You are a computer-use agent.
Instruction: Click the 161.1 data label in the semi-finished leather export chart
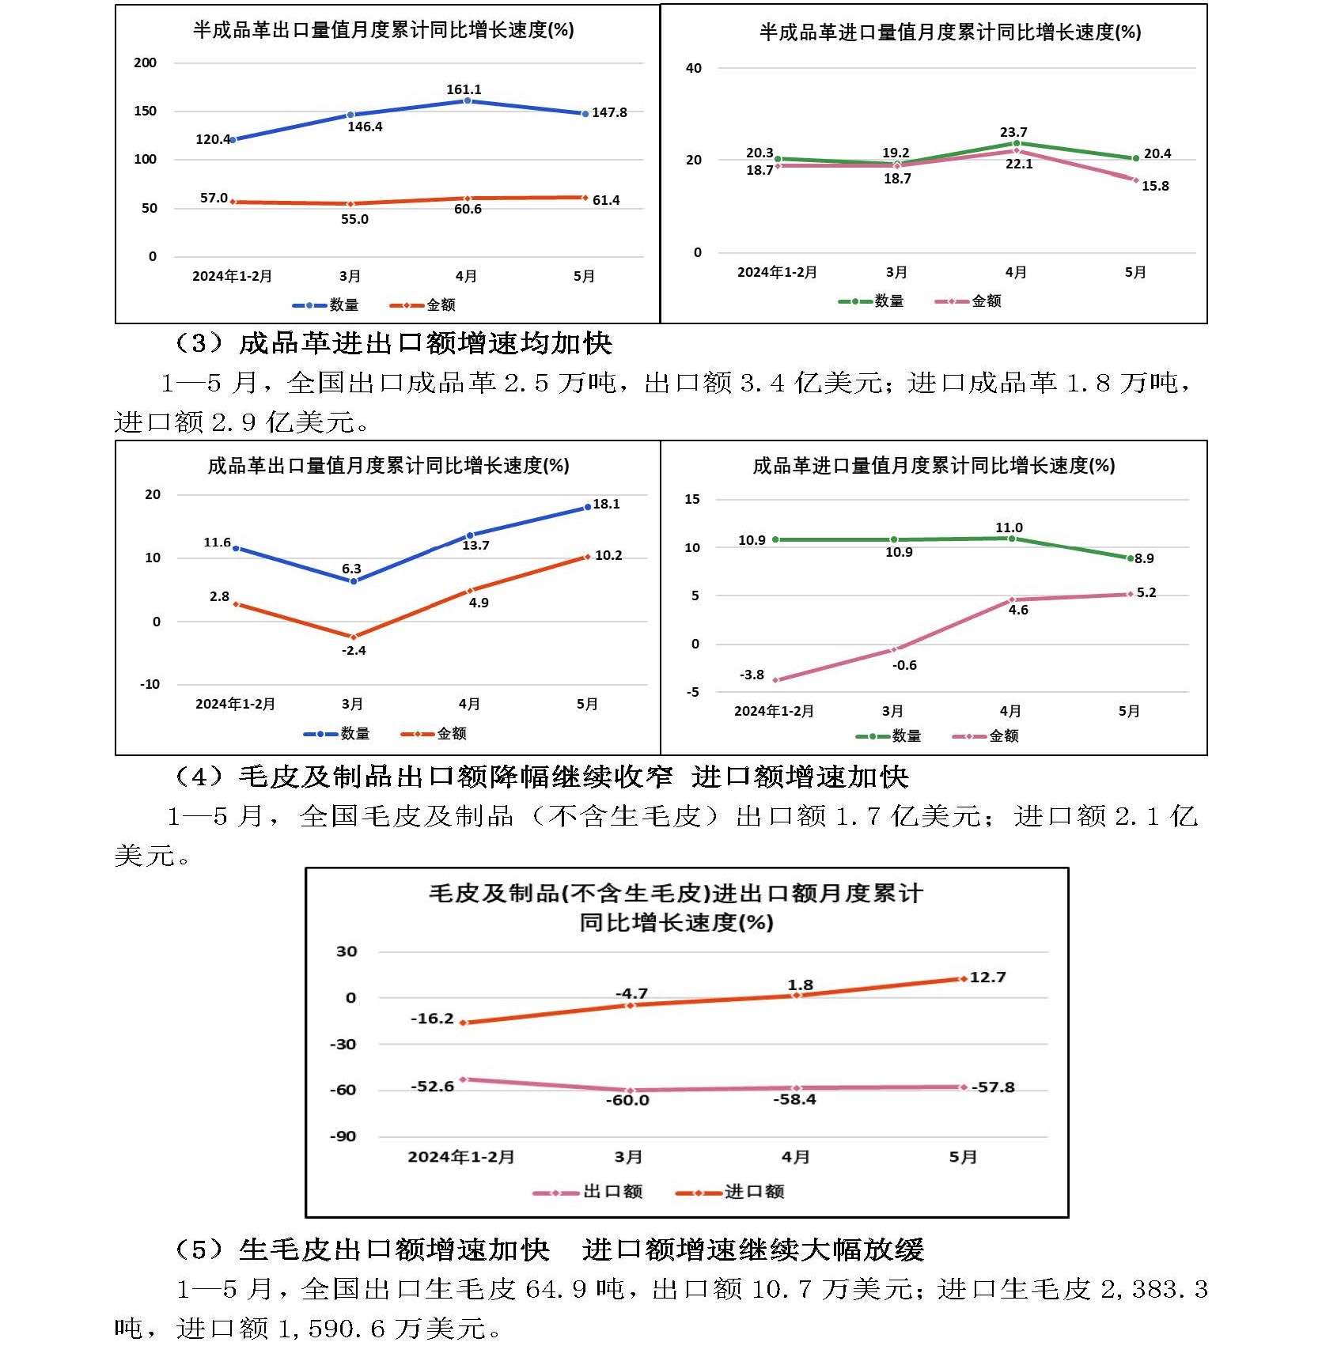464,89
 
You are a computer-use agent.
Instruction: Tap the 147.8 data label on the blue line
609,112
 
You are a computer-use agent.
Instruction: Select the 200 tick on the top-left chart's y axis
146,62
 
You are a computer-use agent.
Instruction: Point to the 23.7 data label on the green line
1013,132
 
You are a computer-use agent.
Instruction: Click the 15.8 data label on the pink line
1155,186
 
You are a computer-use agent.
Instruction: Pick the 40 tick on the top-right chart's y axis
694,68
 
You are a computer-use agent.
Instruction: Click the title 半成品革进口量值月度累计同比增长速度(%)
950,32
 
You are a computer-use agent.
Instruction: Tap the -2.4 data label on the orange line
354,650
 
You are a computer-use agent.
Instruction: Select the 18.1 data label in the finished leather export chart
606,504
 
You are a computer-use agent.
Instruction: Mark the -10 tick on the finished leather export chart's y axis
150,684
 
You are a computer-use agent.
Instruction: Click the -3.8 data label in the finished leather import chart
752,675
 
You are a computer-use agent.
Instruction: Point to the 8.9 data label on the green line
1144,558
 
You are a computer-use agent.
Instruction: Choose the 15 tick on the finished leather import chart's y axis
692,499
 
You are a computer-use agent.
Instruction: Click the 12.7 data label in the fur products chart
987,977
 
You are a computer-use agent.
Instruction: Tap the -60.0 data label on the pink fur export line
627,1100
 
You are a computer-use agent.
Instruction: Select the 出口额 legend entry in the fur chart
612,1191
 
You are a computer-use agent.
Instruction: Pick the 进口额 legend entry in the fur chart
754,1191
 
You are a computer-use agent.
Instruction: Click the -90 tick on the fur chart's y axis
343,1136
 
